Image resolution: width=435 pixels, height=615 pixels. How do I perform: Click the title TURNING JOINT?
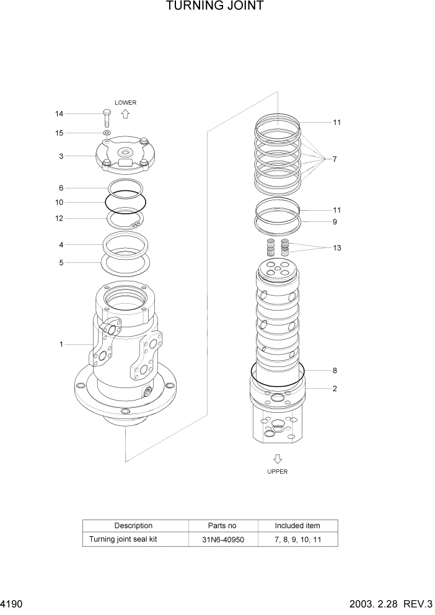tap(215, 6)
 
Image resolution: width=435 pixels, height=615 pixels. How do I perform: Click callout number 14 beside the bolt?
tap(59, 114)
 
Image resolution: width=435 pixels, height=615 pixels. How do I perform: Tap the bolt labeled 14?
tap(106, 117)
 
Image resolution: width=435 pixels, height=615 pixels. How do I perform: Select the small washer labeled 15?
tap(107, 133)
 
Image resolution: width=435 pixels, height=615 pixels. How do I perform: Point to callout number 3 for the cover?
tap(61, 156)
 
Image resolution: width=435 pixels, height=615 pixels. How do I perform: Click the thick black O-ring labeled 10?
tap(126, 201)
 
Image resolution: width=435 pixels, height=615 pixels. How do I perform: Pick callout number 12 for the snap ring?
tap(59, 218)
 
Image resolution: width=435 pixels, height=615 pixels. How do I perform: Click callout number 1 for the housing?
tap(61, 344)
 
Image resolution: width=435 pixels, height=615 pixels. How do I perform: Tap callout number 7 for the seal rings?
tap(334, 159)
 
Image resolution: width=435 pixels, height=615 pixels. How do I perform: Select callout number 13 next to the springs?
tap(336, 248)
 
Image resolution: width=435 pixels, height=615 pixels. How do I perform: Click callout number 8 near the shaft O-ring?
tap(334, 371)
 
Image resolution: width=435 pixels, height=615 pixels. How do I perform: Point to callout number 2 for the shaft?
tap(334, 389)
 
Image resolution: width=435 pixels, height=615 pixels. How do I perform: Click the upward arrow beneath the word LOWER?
tap(125, 114)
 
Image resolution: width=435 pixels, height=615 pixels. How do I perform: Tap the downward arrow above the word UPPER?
tap(278, 459)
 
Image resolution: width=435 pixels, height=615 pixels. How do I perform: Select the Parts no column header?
tap(222, 526)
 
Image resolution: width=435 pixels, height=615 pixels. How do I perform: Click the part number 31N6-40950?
tap(222, 539)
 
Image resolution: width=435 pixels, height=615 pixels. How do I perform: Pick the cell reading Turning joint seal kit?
tap(123, 539)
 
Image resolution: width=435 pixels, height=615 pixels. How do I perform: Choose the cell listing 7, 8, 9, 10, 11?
tap(297, 539)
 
